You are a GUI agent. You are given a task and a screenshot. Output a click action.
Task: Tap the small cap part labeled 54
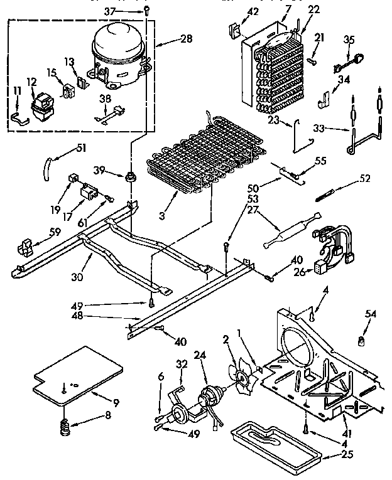tap(362, 341)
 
